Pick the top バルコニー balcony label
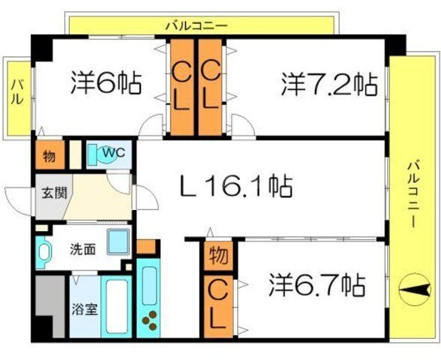[x=196, y=25]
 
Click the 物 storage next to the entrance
[x=48, y=157]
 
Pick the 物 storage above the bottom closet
[x=219, y=256]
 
